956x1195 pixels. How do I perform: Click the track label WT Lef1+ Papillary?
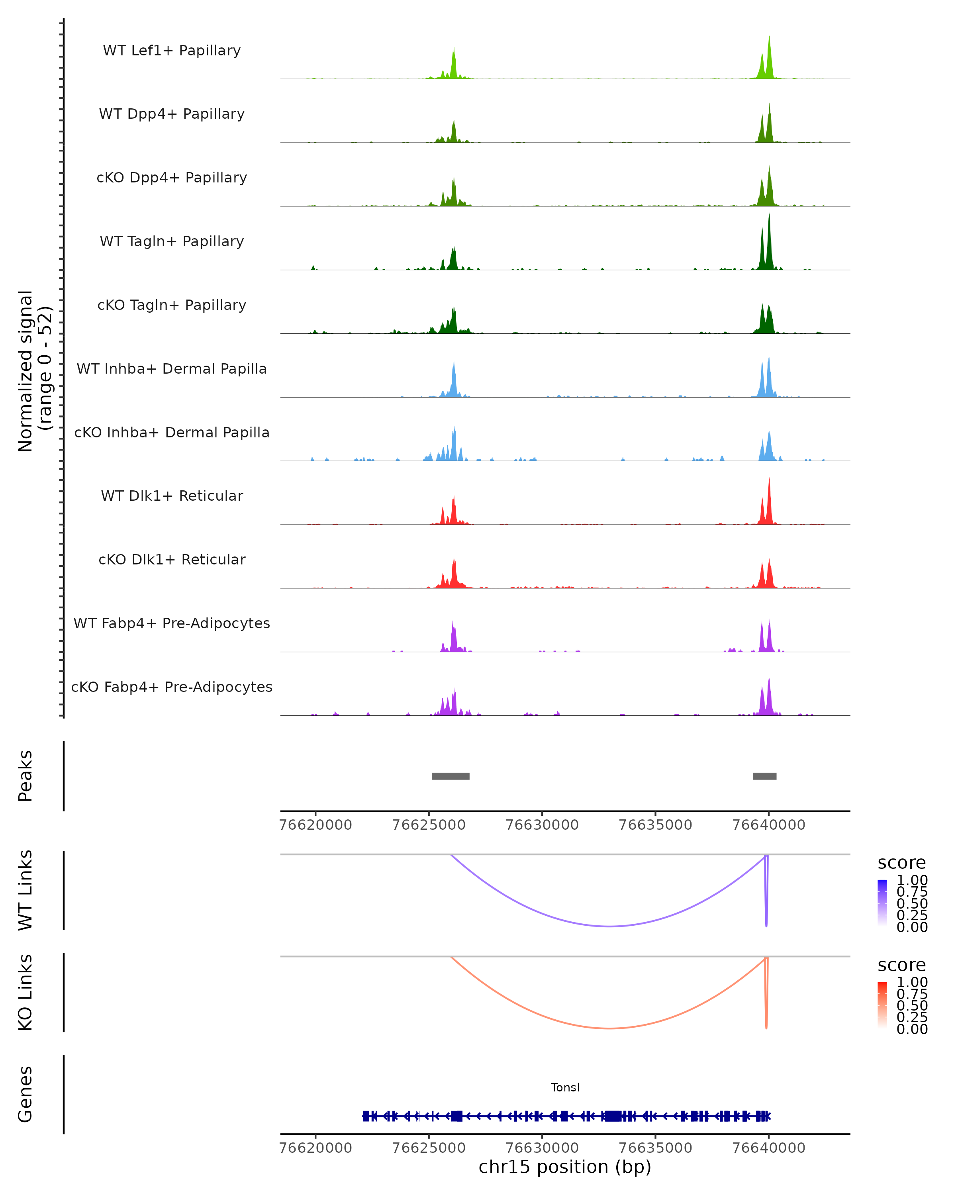click(x=172, y=51)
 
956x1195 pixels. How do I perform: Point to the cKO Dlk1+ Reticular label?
click(x=172, y=559)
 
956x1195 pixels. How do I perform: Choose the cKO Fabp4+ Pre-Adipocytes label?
click(x=172, y=687)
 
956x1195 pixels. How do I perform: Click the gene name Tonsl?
click(x=565, y=1087)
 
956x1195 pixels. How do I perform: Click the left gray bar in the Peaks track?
click(x=451, y=776)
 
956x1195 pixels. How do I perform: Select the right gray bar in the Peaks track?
click(x=764, y=776)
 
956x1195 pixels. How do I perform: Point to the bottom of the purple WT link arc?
click(x=609, y=926)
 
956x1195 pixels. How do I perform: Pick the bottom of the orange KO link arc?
click(x=609, y=1028)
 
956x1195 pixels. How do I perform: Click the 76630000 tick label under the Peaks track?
click(x=542, y=825)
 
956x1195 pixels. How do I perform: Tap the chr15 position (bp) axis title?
click(x=565, y=1167)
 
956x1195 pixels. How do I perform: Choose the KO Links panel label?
click(x=25, y=992)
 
